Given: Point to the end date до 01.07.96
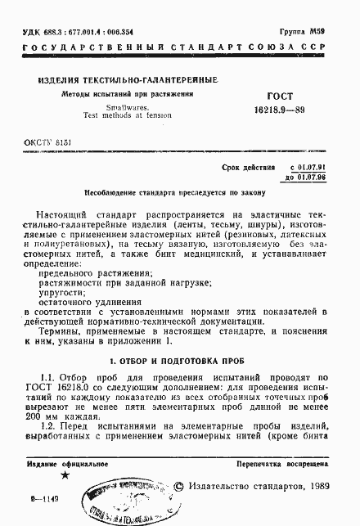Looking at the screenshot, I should [x=305, y=178].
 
